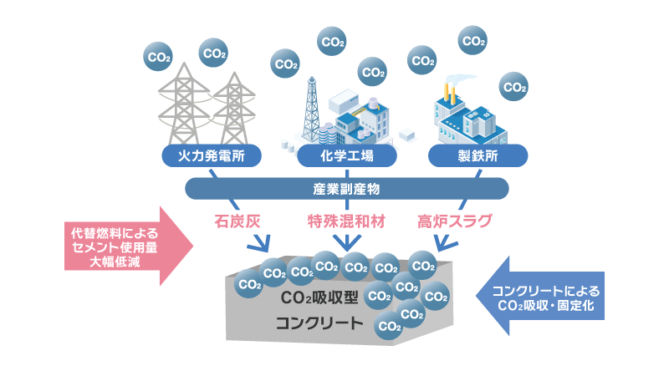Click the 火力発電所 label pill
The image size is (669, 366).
point(212,155)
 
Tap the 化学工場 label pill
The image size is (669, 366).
point(347,155)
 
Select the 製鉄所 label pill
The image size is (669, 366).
point(477,155)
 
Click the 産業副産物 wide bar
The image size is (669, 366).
point(346,189)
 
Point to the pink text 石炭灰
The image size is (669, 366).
point(237,221)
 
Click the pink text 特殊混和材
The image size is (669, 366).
point(346,221)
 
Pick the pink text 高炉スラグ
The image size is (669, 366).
point(455,221)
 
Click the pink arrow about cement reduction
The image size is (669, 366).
point(129,247)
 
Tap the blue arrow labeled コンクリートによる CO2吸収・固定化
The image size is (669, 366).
point(540,296)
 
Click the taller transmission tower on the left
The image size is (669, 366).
point(184,104)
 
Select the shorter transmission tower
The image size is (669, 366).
point(234,109)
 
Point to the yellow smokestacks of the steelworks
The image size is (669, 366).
point(449,93)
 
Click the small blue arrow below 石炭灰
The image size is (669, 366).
point(259,242)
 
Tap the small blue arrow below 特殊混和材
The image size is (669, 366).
point(346,241)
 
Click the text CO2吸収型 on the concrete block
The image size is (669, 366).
point(319,297)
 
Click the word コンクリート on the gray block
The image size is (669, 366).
point(319,323)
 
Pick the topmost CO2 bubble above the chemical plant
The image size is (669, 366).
point(331,42)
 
